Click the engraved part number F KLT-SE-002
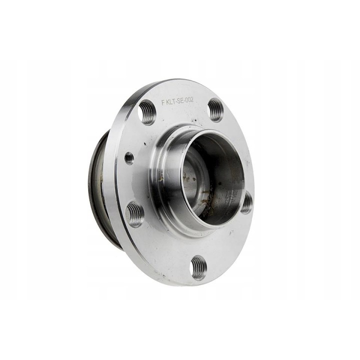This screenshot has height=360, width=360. [177, 101]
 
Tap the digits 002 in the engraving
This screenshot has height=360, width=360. [188, 100]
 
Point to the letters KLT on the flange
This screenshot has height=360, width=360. [170, 101]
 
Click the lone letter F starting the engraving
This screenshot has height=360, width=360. [163, 102]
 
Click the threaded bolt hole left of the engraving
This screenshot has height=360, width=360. [147, 112]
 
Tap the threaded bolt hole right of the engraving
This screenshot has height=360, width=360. [216, 110]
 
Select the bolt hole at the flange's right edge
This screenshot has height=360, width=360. [246, 202]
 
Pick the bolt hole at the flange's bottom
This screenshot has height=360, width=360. [199, 268]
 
